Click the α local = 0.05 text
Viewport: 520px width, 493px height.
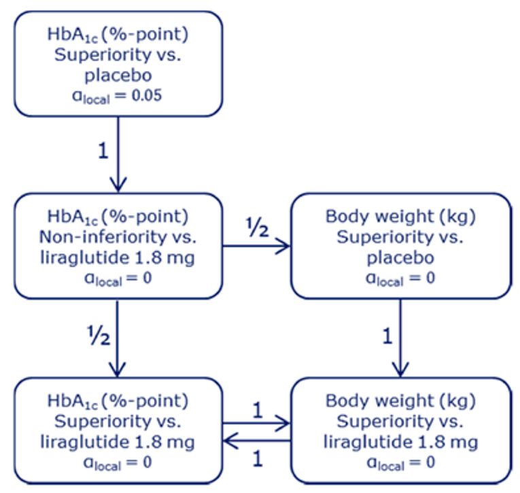coord(118,95)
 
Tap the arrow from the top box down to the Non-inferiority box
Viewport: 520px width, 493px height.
coord(118,153)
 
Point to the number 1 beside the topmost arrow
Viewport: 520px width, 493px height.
coord(103,151)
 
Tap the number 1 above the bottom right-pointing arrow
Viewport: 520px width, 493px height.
coord(257,410)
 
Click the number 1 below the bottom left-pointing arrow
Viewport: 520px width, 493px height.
coord(257,460)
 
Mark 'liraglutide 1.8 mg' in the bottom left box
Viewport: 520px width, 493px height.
coord(118,442)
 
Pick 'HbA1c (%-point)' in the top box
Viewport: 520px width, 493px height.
coord(118,34)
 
